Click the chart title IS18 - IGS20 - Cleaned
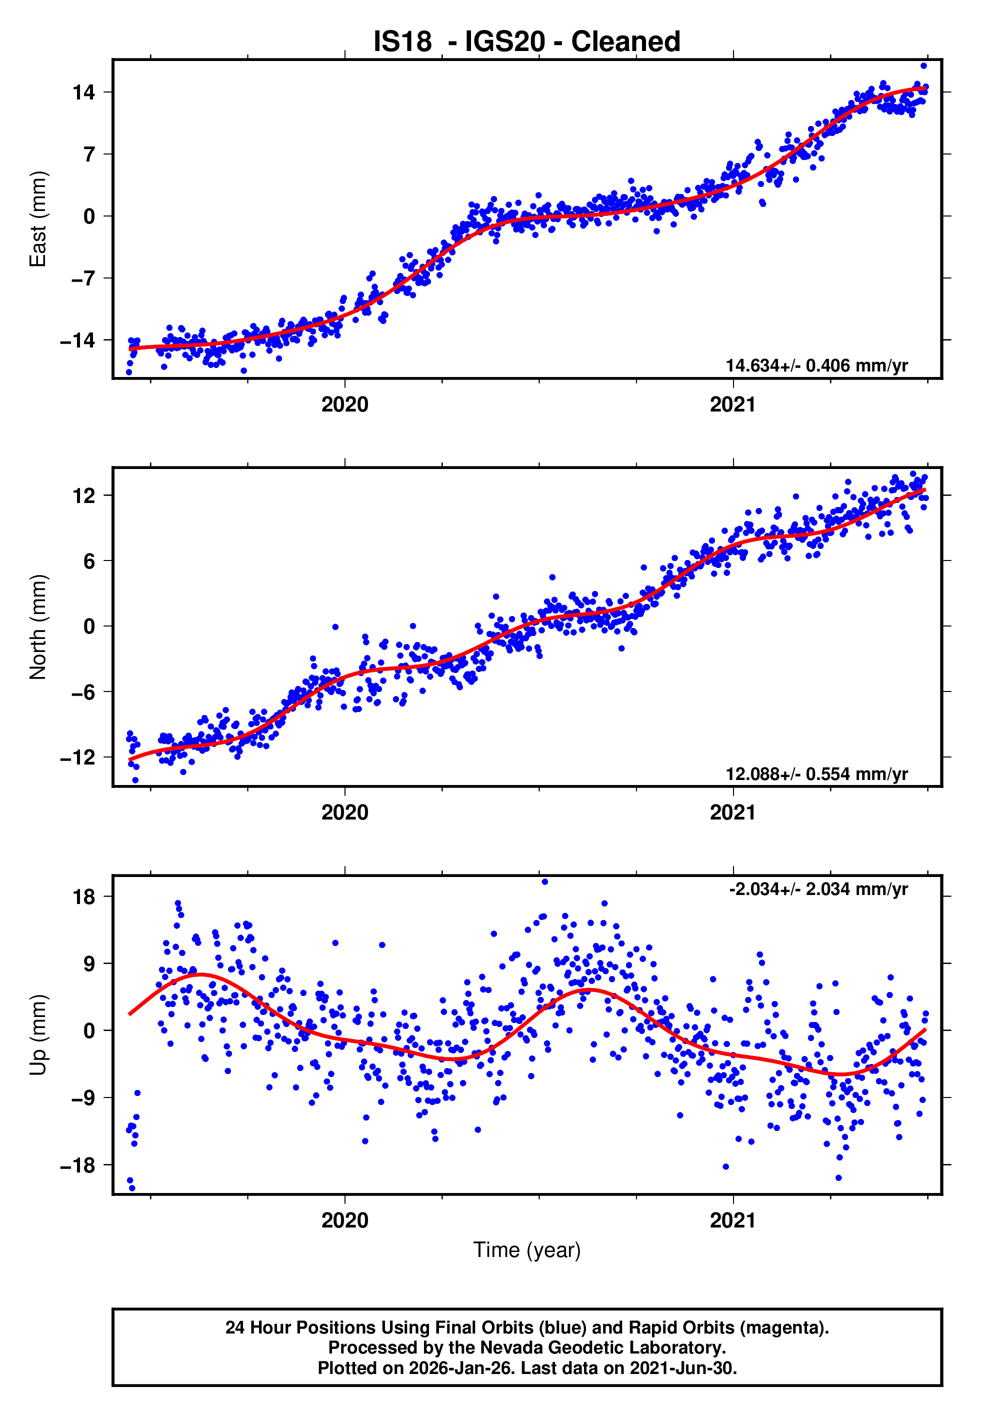click(x=527, y=42)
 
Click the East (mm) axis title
click(x=38, y=219)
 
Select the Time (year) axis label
click(x=527, y=1250)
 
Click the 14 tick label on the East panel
click(x=83, y=93)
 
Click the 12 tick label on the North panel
click(x=83, y=495)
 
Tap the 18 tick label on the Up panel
click(x=83, y=897)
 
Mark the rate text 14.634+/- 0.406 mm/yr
click(x=816, y=365)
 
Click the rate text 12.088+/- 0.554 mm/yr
click(x=816, y=773)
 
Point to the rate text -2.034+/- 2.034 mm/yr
click(x=818, y=889)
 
